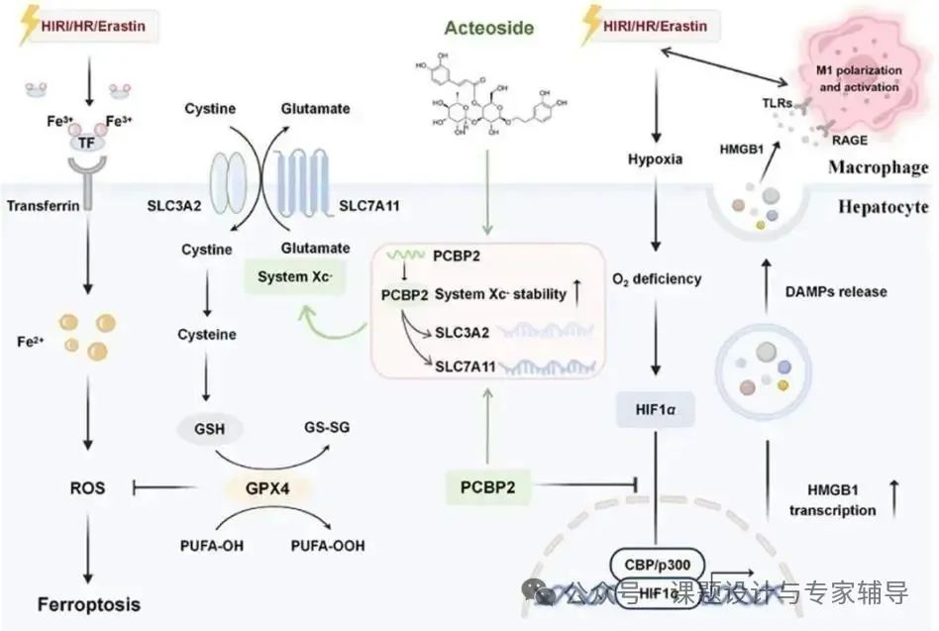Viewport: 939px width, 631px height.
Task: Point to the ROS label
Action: pos(88,487)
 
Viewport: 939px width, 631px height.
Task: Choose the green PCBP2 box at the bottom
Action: pos(488,486)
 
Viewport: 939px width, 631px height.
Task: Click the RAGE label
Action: pos(848,141)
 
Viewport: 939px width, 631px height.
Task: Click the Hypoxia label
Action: pos(655,158)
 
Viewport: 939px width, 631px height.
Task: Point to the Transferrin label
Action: pos(40,207)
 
